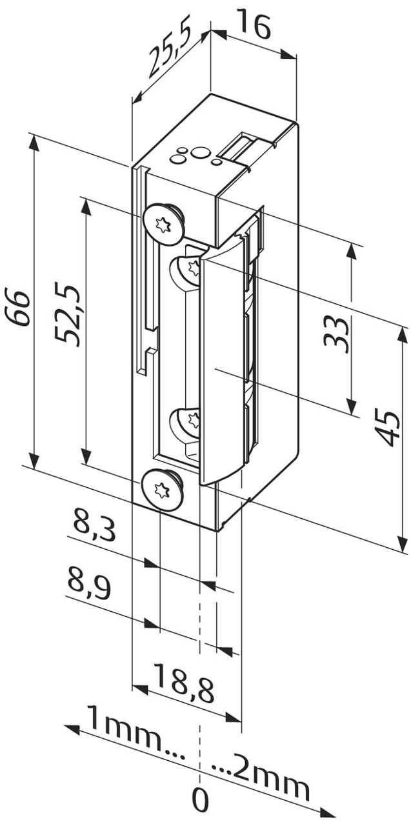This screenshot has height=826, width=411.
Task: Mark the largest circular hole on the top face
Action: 201,152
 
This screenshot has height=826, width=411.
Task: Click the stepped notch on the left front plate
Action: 150,342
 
